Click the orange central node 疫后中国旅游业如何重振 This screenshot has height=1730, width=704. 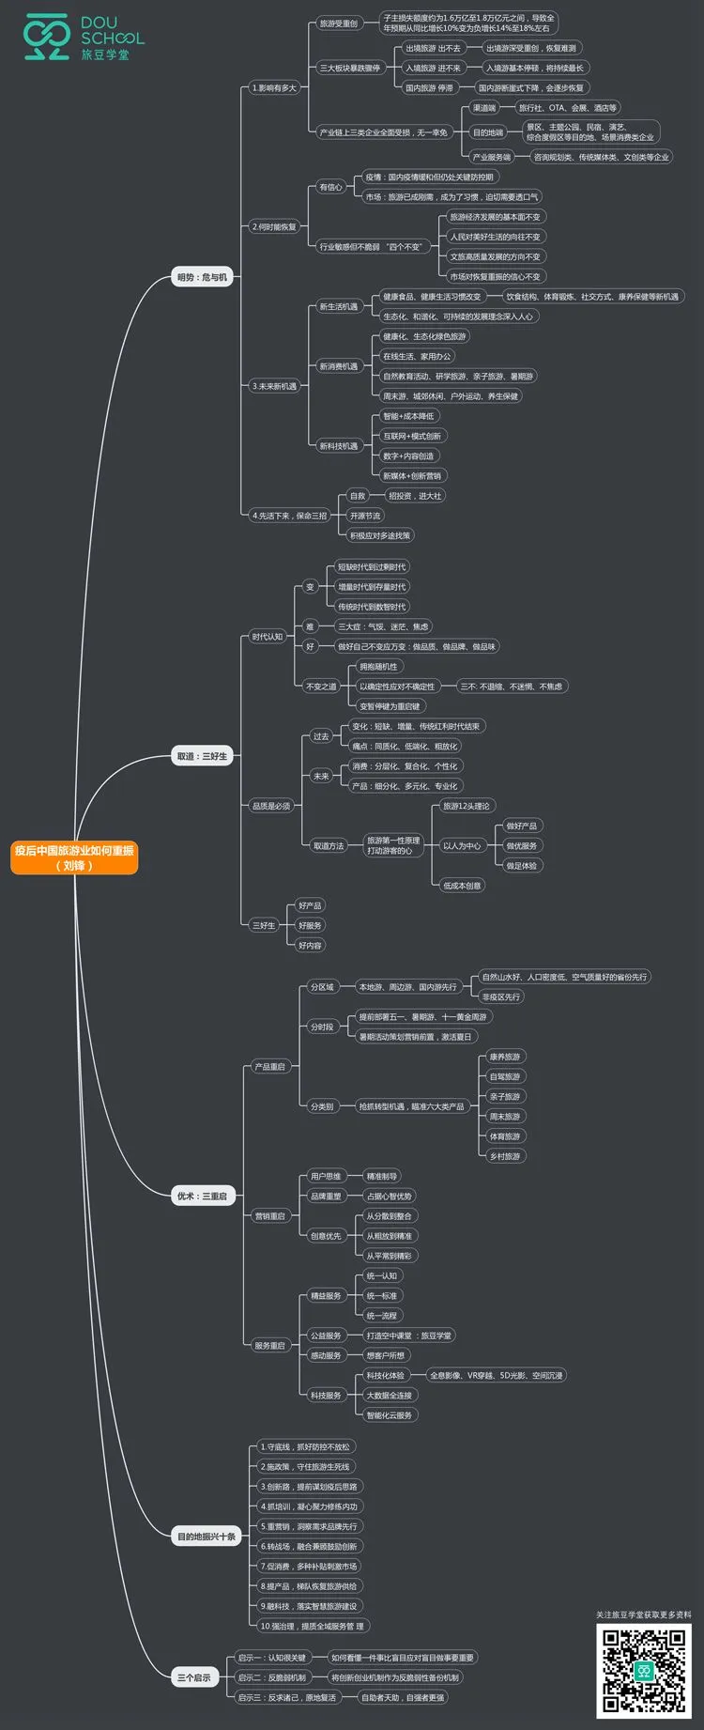pyautogui.click(x=74, y=857)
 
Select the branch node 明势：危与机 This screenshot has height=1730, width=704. pyautogui.click(x=202, y=277)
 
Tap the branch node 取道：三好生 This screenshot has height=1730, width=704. pyautogui.click(x=202, y=756)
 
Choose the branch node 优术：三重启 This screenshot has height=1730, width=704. pyautogui.click(x=202, y=1196)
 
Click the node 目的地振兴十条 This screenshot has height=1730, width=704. pyautogui.click(x=207, y=1537)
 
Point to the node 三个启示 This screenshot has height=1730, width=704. pyautogui.click(x=194, y=1677)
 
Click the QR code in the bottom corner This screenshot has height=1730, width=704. pyautogui.click(x=644, y=1672)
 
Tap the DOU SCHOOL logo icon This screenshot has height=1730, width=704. pyautogui.click(x=47, y=37)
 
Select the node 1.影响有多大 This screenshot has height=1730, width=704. pyautogui.click(x=273, y=88)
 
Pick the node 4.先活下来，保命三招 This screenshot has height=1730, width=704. pyautogui.click(x=289, y=516)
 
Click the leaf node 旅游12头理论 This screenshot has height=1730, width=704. pyautogui.click(x=466, y=806)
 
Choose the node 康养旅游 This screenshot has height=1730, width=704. pyautogui.click(x=504, y=1057)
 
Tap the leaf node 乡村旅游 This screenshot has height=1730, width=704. pyautogui.click(x=504, y=1156)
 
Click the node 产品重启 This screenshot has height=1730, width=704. pyautogui.click(x=269, y=1067)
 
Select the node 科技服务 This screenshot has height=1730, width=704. pyautogui.click(x=326, y=1396)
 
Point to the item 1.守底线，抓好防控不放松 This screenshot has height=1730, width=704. pyautogui.click(x=305, y=1447)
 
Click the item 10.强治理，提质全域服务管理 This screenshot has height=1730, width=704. pyautogui.click(x=312, y=1626)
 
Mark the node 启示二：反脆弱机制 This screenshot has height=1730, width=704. pyautogui.click(x=271, y=1677)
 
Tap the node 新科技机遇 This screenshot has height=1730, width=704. pyautogui.click(x=338, y=446)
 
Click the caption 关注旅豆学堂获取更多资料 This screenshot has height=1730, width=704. pyautogui.click(x=643, y=1615)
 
